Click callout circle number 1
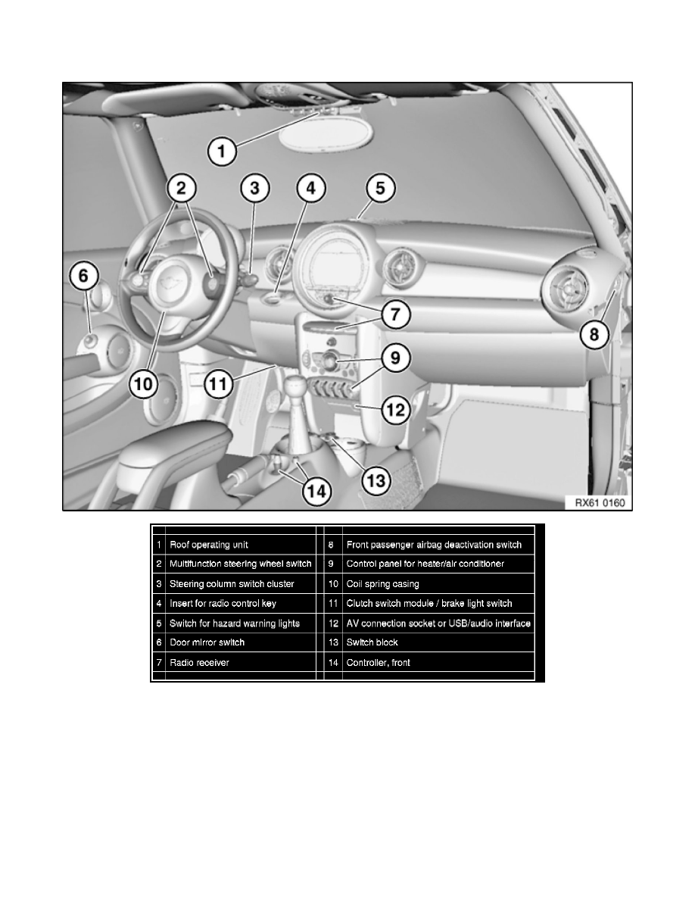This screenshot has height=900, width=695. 222,151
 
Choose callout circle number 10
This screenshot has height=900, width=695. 143,384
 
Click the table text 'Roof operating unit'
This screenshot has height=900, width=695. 208,545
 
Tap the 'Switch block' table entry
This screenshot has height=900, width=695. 372,642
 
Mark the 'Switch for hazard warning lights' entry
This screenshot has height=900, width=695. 235,623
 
